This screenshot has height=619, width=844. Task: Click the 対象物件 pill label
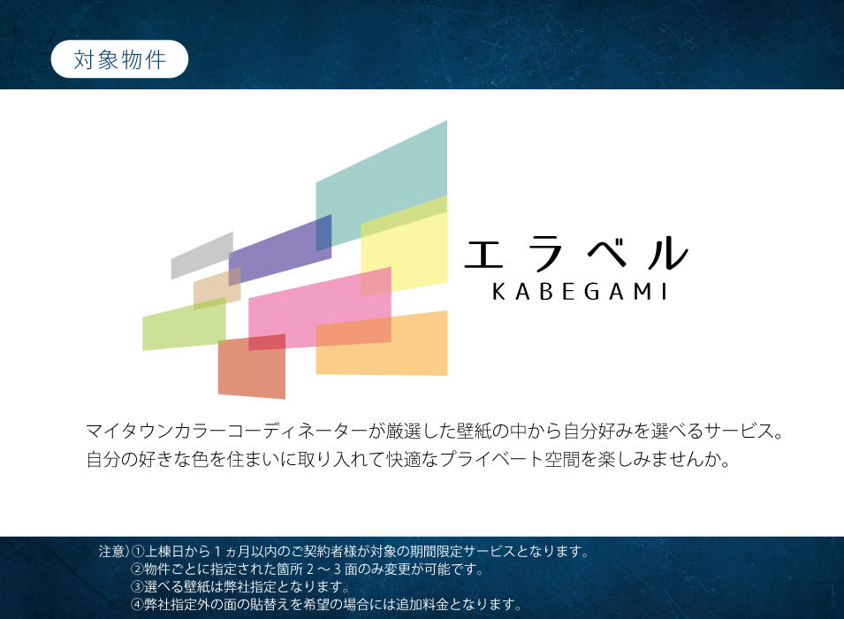[119, 59]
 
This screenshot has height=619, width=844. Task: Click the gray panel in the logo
[201, 256]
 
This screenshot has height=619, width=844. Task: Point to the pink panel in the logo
[320, 308]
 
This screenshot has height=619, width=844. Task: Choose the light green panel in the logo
[184, 325]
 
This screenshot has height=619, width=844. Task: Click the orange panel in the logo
[382, 343]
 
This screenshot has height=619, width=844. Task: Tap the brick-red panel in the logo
[252, 366]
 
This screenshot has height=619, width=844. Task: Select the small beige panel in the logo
[217, 289]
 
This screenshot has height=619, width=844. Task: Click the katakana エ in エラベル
[484, 254]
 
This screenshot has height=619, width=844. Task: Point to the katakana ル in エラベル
[668, 253]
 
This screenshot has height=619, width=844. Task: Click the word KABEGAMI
[581, 292]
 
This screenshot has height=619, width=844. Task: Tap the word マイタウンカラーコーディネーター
[226, 431]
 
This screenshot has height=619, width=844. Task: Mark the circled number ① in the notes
[138, 552]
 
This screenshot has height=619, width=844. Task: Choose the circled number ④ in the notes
[137, 605]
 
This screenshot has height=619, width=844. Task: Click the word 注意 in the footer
[112, 552]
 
